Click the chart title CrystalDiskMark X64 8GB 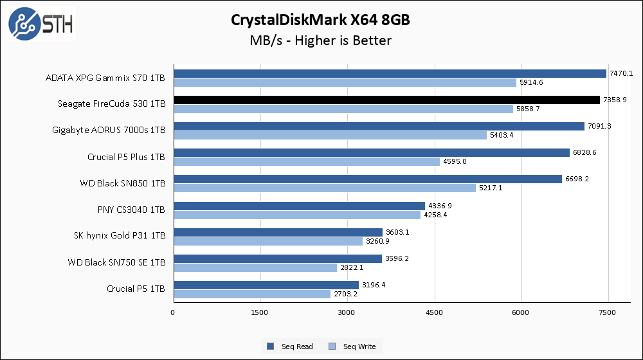point(320,20)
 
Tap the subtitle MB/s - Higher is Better point(320,40)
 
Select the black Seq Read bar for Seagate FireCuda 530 point(386,100)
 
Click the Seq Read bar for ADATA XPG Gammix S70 point(389,73)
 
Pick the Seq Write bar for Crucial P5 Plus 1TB point(306,161)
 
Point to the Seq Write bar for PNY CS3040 point(296,215)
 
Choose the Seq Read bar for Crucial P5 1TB point(266,285)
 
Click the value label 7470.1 point(621,73)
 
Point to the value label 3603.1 point(396,232)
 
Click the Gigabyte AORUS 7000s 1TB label point(109,130)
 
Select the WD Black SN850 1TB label point(122,183)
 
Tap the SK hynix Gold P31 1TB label point(120,236)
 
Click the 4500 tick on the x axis point(435,312)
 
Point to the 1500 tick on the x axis point(260,312)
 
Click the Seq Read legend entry point(290,346)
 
